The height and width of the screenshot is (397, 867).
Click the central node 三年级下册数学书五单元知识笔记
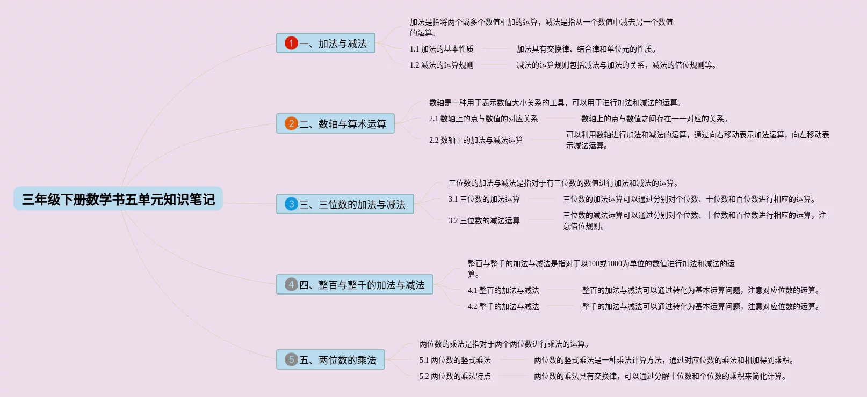point(118,199)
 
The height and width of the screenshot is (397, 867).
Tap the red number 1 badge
point(291,43)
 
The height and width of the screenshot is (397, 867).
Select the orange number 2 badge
point(291,123)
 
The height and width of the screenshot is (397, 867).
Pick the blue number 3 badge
point(291,204)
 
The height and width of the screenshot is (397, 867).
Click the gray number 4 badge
point(291,284)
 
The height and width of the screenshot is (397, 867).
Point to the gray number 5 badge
point(291,359)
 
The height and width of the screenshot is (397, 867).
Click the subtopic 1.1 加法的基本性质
point(442,49)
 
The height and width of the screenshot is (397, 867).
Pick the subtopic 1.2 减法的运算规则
point(442,65)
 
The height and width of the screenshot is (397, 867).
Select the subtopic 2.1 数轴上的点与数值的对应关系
point(483,119)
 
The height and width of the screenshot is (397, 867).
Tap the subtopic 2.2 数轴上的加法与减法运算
point(476,140)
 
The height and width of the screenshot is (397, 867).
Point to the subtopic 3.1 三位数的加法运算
point(484,199)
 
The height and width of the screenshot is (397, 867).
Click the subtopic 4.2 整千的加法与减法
point(503,306)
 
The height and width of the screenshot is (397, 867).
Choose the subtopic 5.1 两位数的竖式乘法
point(455,360)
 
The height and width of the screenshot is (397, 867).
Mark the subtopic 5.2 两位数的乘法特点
point(455,376)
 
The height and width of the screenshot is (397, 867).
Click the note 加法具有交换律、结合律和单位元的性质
point(586,49)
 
